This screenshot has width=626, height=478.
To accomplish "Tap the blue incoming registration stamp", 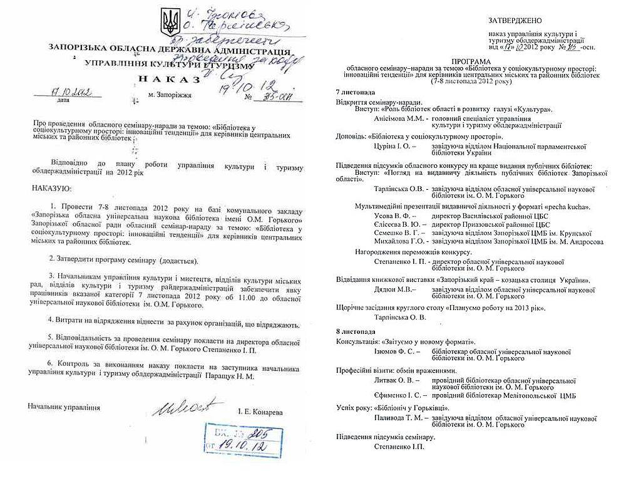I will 232,436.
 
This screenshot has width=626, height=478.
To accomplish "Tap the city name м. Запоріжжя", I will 169,96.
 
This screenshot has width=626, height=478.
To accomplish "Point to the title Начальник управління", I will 64,407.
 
